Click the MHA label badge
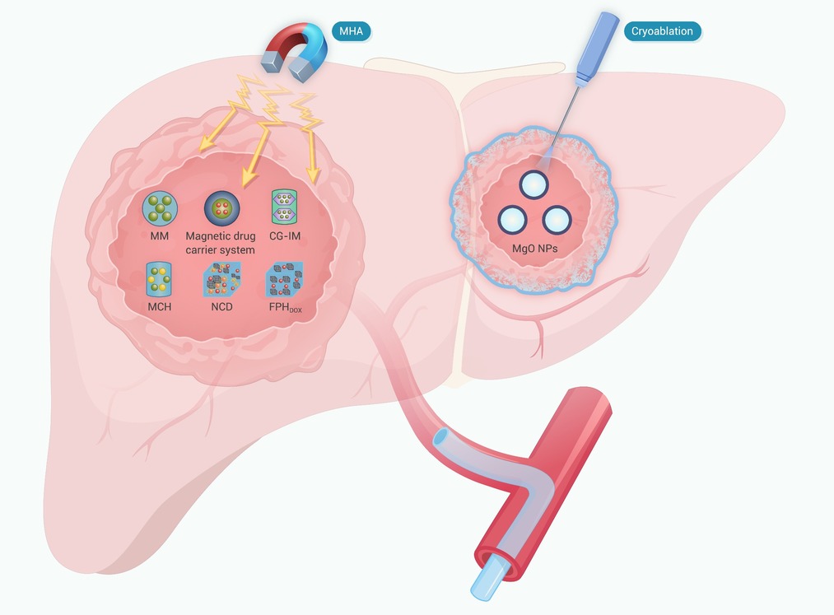[351, 31]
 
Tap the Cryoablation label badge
[662, 31]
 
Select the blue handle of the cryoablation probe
[598, 49]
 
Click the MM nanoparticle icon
[160, 208]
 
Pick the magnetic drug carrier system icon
[221, 208]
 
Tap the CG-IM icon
[284, 207]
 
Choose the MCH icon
[159, 279]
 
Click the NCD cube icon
[221, 279]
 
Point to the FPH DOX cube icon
[284, 279]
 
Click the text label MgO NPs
[534, 249]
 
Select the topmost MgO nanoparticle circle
[533, 185]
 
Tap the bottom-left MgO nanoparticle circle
[512, 220]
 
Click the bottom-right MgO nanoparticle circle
[557, 220]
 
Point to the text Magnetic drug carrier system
[220, 243]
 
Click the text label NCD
[221, 307]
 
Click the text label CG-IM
[285, 235]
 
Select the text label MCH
[159, 307]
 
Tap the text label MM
[159, 235]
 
